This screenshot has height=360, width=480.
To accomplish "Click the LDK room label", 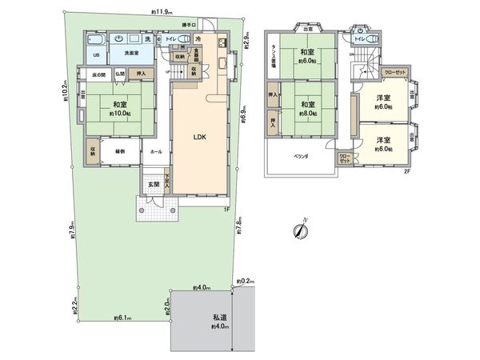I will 200,137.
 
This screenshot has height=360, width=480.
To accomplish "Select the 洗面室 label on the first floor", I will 131,54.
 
